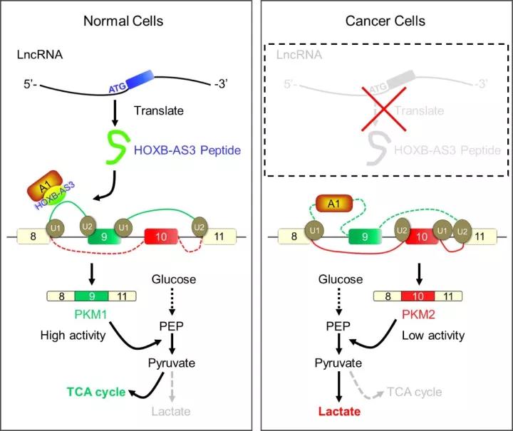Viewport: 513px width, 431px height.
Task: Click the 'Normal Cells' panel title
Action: [x=123, y=20]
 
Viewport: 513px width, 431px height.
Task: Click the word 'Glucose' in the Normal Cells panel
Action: [x=173, y=280]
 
